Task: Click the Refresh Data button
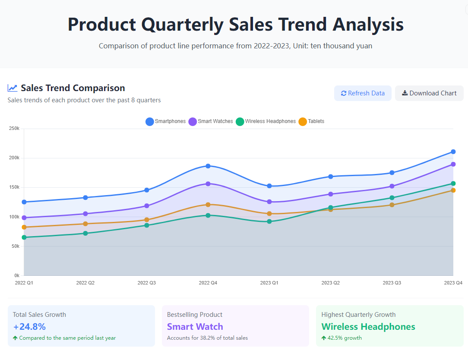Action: [363, 93]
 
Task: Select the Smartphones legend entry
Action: [166, 121]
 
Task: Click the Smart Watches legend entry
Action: [211, 121]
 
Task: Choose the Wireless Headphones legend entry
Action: [266, 121]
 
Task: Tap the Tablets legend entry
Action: [311, 121]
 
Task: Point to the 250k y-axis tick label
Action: [14, 128]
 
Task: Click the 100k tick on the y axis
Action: [14, 217]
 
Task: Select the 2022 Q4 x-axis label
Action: [208, 283]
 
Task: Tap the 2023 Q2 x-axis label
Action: [331, 283]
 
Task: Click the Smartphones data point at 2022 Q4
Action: [208, 166]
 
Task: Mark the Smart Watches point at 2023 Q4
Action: [453, 164]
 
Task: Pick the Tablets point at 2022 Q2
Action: [85, 224]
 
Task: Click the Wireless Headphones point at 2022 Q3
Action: [147, 225]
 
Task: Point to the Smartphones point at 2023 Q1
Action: [269, 186]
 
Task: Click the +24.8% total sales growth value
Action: [29, 327]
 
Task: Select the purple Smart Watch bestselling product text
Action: [195, 327]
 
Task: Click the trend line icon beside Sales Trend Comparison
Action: [13, 88]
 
